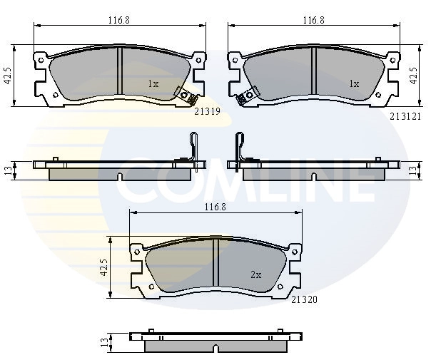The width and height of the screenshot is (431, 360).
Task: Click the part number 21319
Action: point(207,111)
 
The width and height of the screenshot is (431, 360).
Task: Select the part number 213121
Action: point(405,117)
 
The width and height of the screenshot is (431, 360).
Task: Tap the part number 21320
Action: point(304,299)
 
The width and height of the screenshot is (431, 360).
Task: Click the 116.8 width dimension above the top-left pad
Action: point(118,20)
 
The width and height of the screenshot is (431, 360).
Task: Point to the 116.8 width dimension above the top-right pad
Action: point(314,20)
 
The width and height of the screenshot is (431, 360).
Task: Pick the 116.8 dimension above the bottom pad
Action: point(215,207)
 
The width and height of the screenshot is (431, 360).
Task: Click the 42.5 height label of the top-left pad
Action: point(9,76)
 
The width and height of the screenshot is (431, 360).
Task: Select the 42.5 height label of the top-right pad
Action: point(413,76)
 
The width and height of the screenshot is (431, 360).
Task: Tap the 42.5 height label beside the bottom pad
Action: point(104,267)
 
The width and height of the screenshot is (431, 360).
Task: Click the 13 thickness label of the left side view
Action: point(9,171)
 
